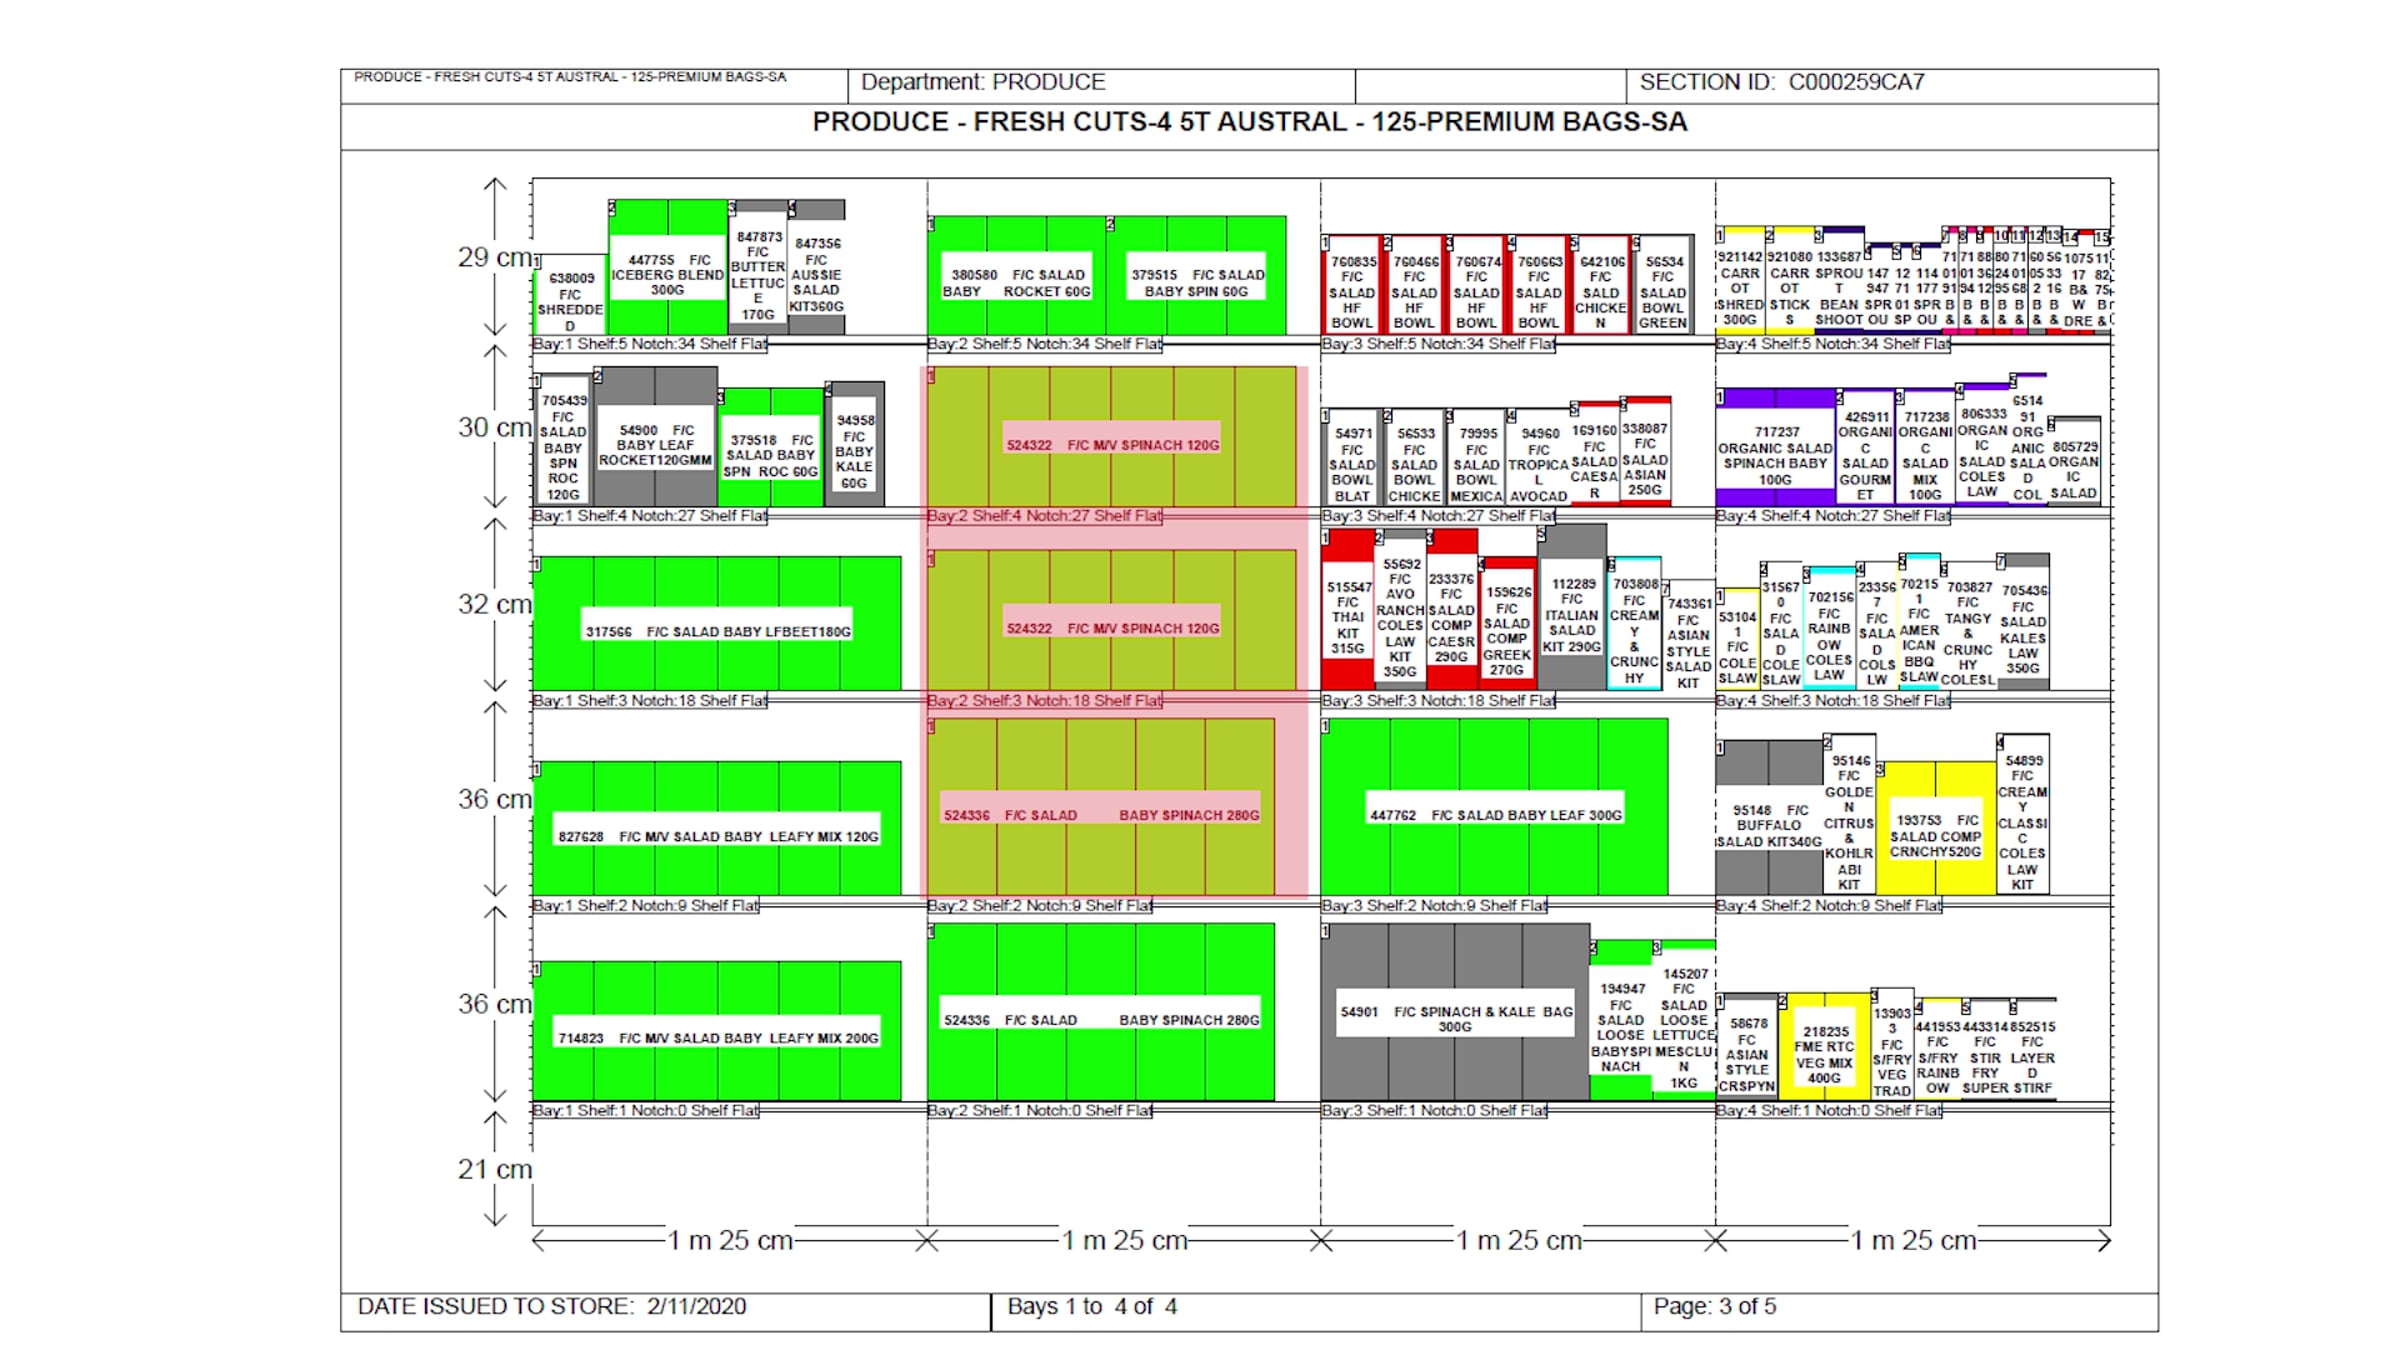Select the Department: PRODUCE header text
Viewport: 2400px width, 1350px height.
tap(983, 82)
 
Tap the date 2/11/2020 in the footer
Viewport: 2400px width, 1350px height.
tap(696, 1306)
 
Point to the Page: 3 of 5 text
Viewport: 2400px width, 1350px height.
tap(1714, 1306)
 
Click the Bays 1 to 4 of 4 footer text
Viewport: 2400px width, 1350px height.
tap(1091, 1306)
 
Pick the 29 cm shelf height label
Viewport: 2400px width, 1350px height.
tap(494, 257)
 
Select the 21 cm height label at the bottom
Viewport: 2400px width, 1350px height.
tap(494, 1169)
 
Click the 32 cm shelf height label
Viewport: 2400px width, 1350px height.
tap(494, 604)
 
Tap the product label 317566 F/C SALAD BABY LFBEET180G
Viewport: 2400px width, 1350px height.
tap(717, 632)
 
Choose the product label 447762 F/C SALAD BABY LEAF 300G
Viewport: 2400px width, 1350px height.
tap(1495, 815)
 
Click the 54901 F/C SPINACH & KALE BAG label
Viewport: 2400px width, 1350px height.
tap(1456, 1019)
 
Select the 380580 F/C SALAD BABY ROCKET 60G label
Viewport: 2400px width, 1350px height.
tap(1015, 283)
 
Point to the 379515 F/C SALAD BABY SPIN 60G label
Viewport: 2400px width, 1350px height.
tap(1197, 283)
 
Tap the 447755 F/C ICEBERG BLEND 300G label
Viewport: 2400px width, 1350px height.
tap(667, 275)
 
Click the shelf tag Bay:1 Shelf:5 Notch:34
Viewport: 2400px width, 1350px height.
tap(649, 344)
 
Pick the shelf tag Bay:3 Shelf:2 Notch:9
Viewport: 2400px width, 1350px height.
tap(1433, 905)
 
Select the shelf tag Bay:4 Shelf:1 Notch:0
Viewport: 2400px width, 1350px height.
tap(1828, 1110)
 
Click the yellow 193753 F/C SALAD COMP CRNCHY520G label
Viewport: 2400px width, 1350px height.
tap(1935, 836)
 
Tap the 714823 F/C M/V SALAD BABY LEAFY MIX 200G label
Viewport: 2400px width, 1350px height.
tap(717, 1038)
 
